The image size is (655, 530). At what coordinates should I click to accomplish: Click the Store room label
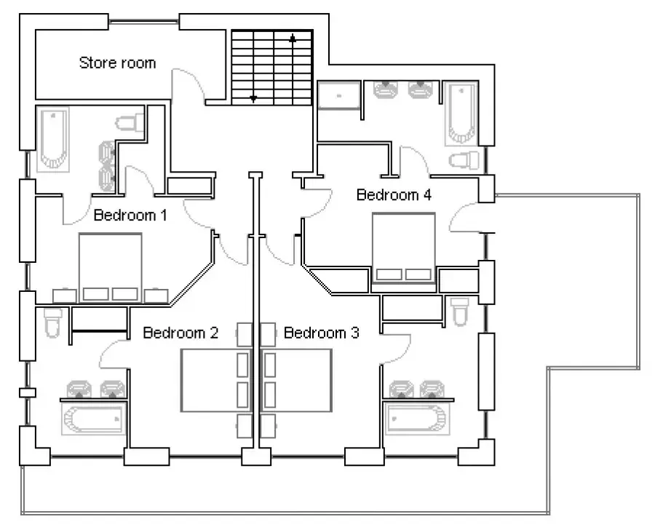pyautogui.click(x=117, y=63)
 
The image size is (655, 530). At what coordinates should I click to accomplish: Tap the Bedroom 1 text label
pyautogui.click(x=130, y=215)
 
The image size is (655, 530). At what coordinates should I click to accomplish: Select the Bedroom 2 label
pyautogui.click(x=180, y=333)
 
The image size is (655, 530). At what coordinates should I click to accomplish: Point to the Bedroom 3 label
pyautogui.click(x=321, y=333)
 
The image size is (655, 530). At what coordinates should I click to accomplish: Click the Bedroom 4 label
pyautogui.click(x=394, y=195)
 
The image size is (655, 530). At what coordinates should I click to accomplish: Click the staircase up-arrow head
pyautogui.click(x=293, y=39)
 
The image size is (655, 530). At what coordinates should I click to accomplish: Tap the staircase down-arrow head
pyautogui.click(x=253, y=99)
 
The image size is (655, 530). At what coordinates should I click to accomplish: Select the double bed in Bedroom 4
pyautogui.click(x=403, y=248)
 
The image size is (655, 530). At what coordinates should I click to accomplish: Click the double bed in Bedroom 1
pyautogui.click(x=111, y=267)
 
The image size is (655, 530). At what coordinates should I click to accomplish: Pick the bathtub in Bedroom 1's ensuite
pyautogui.click(x=52, y=139)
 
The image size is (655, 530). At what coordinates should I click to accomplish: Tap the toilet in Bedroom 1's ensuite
pyautogui.click(x=130, y=123)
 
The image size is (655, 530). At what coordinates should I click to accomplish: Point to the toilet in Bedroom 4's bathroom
pyautogui.click(x=464, y=160)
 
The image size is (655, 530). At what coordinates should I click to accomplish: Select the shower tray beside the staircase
pyautogui.click(x=338, y=95)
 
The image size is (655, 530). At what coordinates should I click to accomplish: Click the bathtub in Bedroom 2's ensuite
pyautogui.click(x=94, y=419)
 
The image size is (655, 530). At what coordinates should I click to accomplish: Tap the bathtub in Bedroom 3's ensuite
pyautogui.click(x=417, y=419)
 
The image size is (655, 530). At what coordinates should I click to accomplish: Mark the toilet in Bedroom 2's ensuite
pyautogui.click(x=53, y=323)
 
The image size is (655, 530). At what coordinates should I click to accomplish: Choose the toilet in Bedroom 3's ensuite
pyautogui.click(x=460, y=312)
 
